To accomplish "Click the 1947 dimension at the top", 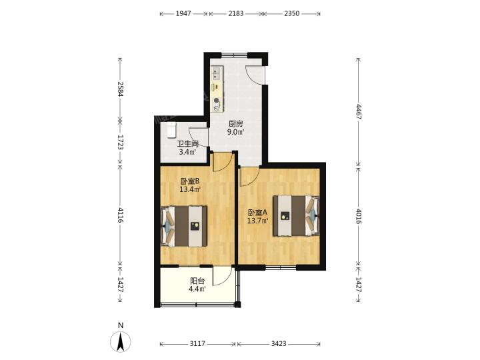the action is (x=183, y=13).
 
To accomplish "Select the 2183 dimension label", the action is (x=236, y=13).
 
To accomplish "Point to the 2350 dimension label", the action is (x=291, y=13).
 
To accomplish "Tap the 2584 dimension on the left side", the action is (x=120, y=89).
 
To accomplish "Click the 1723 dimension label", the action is (x=120, y=142).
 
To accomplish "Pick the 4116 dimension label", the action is (x=120, y=215).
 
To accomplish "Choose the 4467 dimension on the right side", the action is (x=359, y=112).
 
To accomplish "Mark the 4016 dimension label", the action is (x=359, y=216).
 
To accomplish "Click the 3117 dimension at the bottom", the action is (x=197, y=343).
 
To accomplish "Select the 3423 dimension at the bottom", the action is (x=279, y=343).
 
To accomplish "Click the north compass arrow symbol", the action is (x=121, y=341).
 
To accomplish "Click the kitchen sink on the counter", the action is (x=217, y=74).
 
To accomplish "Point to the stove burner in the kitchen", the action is (x=217, y=101).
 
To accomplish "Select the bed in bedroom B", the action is (x=184, y=226).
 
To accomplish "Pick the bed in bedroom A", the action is (x=296, y=216).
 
